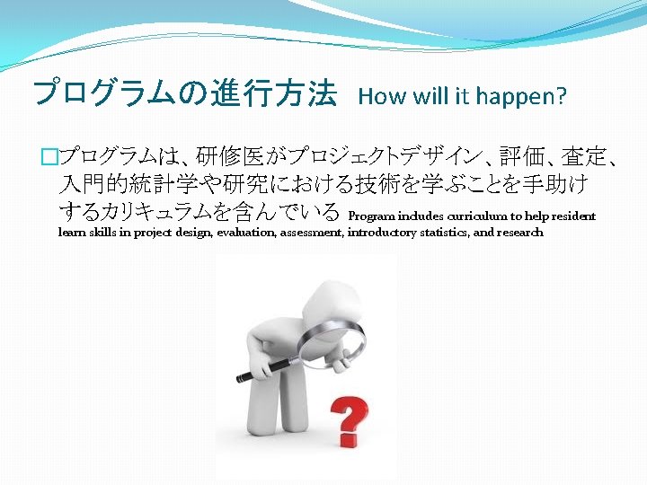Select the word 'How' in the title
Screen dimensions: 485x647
pos(377,97)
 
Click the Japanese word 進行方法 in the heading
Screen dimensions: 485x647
pos(274,93)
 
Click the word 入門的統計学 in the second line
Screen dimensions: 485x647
pos(126,186)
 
